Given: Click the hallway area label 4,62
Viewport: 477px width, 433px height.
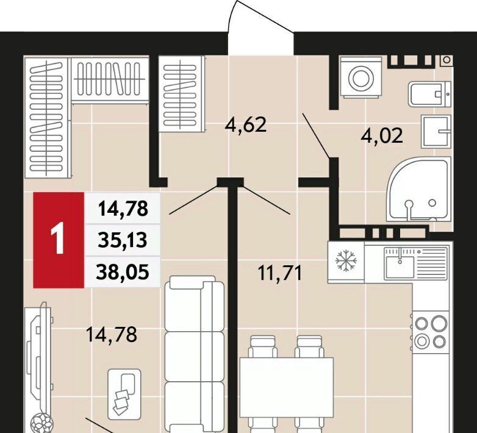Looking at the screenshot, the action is click(245, 125).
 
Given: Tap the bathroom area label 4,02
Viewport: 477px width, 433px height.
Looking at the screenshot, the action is click(382, 135).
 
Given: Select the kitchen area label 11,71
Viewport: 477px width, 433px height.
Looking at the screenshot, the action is click(279, 273).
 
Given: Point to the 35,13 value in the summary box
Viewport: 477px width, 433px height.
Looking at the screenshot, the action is click(123, 240).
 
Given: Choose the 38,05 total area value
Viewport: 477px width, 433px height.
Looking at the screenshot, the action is click(123, 271).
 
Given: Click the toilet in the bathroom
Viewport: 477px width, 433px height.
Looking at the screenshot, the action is click(429, 94).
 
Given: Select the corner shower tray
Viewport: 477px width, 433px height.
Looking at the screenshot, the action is click(418, 188).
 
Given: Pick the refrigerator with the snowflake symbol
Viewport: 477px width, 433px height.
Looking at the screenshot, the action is click(346, 262).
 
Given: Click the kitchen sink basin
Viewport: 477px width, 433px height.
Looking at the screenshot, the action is click(400, 267).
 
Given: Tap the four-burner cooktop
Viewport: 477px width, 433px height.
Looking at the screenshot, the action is click(431, 332).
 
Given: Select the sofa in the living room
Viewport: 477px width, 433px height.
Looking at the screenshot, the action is click(195, 354).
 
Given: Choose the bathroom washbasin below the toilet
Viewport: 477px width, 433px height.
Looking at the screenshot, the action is click(436, 132).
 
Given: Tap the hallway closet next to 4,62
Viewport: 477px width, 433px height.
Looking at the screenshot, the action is click(182, 95).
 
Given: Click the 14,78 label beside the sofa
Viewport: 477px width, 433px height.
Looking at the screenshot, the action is click(112, 334).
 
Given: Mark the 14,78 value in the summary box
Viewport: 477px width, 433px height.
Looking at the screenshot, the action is click(123, 209).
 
